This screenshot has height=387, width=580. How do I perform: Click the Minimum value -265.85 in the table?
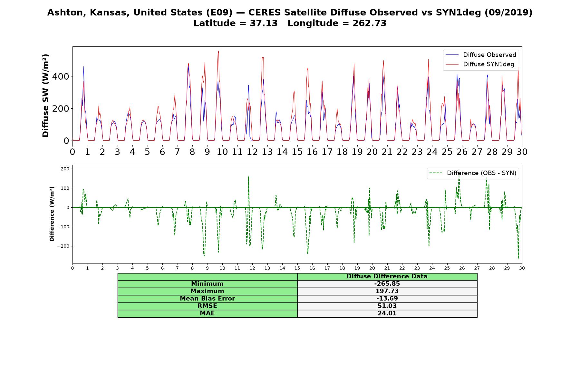[x=387, y=284]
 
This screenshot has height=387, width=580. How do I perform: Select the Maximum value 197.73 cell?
[x=387, y=291]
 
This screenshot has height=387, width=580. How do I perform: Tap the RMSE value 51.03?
[x=387, y=306]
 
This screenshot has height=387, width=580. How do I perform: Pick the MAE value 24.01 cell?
[x=387, y=313]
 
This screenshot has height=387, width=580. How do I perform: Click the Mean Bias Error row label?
[x=207, y=299]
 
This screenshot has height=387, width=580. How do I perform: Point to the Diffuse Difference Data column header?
[x=387, y=276]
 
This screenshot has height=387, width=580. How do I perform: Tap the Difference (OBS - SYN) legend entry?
[x=473, y=173]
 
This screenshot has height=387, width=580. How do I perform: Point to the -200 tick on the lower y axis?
[x=63, y=246]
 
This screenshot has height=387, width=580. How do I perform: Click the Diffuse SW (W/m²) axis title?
[x=46, y=96]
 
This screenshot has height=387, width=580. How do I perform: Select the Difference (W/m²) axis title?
[x=52, y=214]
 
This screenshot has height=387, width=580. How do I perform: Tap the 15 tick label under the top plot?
[x=297, y=152]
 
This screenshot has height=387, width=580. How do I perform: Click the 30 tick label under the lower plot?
[x=522, y=268]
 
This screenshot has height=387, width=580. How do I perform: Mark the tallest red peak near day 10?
[x=218, y=51]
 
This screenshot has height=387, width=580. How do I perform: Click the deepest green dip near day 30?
[x=518, y=258]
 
